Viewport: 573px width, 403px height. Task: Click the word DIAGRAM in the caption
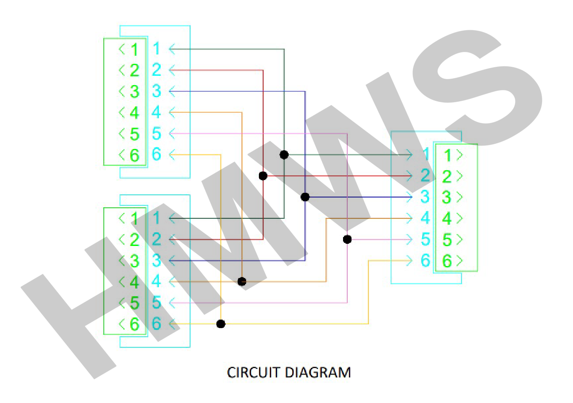click(318, 372)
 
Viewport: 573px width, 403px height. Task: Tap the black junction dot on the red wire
click(263, 176)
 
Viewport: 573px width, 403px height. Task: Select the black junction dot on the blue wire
click(305, 197)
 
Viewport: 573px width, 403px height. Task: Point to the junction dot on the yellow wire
click(221, 324)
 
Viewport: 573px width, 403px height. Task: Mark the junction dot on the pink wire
click(347, 240)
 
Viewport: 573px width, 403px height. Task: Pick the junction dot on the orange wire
click(242, 282)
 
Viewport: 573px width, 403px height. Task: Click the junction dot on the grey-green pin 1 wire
click(284, 154)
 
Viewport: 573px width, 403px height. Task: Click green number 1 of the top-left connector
click(135, 49)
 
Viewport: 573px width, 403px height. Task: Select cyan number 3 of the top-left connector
click(156, 91)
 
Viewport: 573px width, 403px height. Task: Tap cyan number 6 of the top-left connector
click(156, 154)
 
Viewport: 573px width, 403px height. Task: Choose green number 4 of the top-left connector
click(135, 113)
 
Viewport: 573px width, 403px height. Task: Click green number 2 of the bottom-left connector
click(135, 240)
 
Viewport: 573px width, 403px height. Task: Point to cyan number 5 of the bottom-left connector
click(156, 303)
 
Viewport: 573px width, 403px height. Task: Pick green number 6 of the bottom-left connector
click(135, 324)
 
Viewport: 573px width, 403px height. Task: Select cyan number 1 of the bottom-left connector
click(156, 218)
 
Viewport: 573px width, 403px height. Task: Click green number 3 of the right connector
click(447, 197)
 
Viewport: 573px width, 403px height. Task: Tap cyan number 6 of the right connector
click(425, 260)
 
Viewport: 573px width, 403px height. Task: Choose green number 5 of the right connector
click(447, 240)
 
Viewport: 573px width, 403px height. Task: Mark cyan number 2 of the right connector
click(425, 176)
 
